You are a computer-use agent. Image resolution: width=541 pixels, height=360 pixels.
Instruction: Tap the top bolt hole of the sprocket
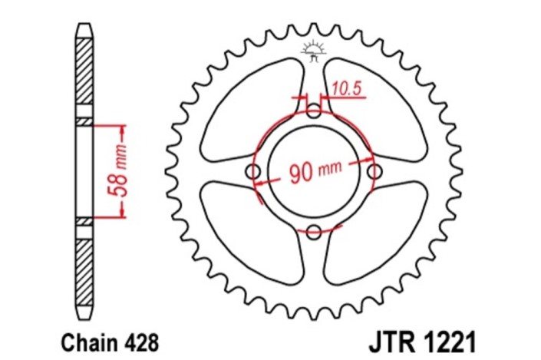tap(314, 112)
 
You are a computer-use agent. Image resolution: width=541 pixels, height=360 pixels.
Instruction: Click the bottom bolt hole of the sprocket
tap(314, 230)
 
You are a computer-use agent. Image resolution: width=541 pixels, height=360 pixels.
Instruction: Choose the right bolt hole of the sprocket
tap(374, 170)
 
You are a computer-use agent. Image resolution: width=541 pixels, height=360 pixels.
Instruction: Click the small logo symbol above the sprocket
tap(313, 51)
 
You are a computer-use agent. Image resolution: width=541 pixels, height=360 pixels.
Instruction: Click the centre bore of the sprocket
tap(314, 171)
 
